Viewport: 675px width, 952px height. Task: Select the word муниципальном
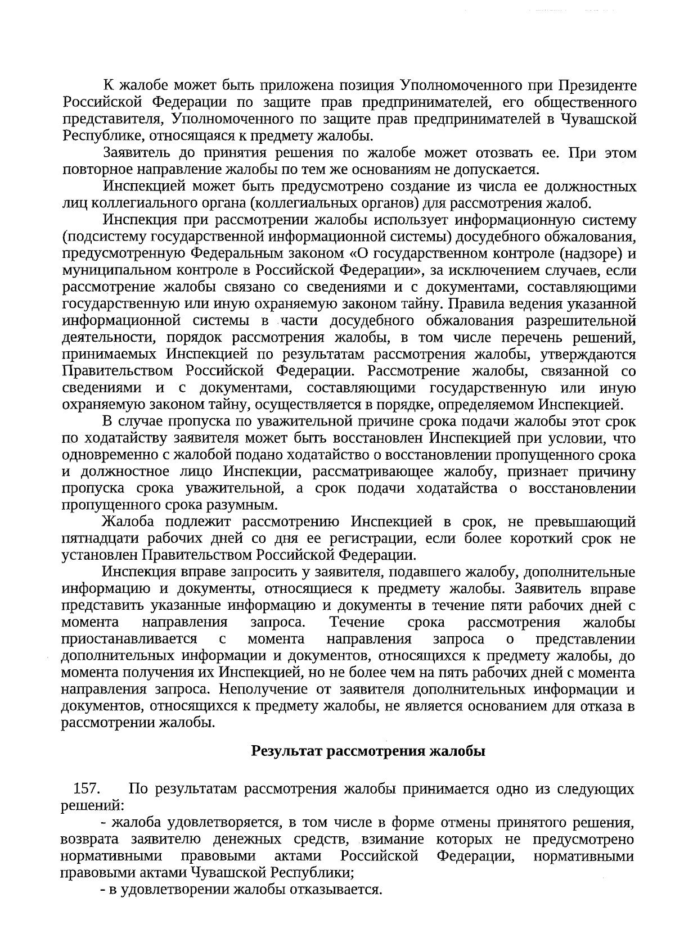(x=112, y=270)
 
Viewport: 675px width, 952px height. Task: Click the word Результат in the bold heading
(x=287, y=751)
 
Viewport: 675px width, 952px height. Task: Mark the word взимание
(x=394, y=840)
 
